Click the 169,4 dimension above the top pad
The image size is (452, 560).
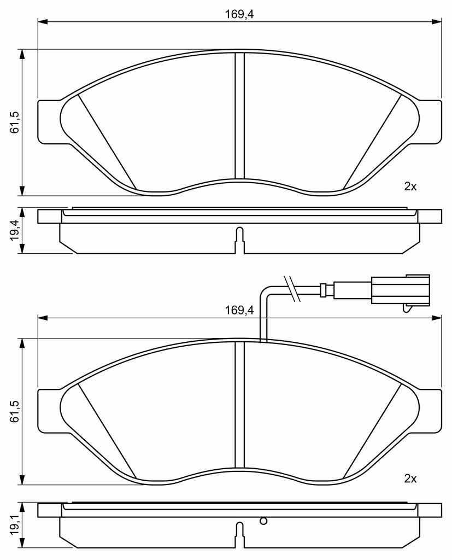239,14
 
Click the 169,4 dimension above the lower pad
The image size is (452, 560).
239,310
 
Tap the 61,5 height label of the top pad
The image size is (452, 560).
15,122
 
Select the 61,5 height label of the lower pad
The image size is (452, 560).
15,411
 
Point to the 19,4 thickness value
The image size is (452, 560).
15,230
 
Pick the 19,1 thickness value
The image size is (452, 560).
15,525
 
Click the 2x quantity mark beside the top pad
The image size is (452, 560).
410,186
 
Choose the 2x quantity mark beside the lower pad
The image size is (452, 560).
410,479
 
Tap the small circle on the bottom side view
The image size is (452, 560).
263,521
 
